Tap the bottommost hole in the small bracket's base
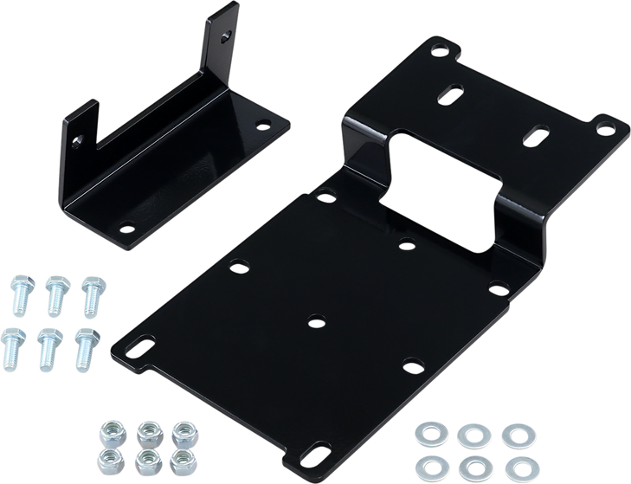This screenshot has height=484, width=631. coord(127,229)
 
